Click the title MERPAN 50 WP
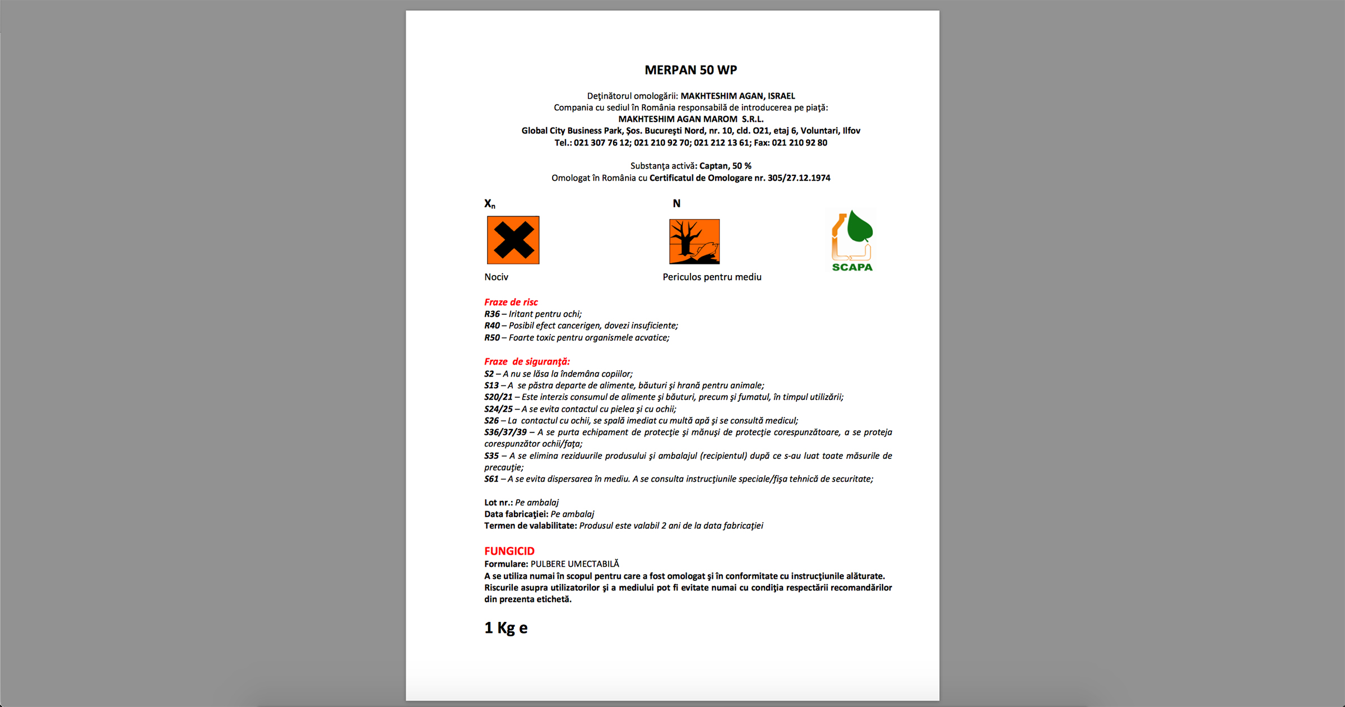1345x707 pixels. [690, 70]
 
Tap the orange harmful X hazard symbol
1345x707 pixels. [513, 240]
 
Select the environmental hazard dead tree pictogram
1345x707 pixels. [694, 241]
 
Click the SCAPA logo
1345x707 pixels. [852, 241]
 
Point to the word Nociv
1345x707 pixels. [496, 277]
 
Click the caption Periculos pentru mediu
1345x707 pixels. [712, 277]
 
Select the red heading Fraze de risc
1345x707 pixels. [511, 302]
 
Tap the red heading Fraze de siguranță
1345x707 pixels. [527, 361]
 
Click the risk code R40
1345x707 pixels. [492, 325]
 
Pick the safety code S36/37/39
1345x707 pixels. [505, 432]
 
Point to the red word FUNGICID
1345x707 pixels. [509, 551]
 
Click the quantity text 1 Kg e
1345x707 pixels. [505, 627]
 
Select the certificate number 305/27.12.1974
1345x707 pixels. [799, 178]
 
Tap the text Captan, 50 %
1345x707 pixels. [725, 166]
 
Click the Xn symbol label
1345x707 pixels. [490, 203]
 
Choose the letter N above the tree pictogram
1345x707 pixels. [676, 203]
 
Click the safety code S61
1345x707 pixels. [491, 479]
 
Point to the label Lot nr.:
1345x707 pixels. [498, 503]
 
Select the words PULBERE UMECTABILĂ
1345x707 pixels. [574, 564]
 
